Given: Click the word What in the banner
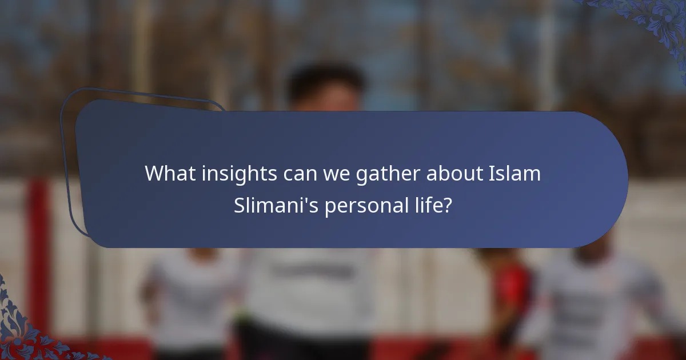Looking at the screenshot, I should (x=165, y=173).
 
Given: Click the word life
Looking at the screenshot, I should (x=428, y=206).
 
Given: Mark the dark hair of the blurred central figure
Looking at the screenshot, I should (x=326, y=80).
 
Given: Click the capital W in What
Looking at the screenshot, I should (x=153, y=173).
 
